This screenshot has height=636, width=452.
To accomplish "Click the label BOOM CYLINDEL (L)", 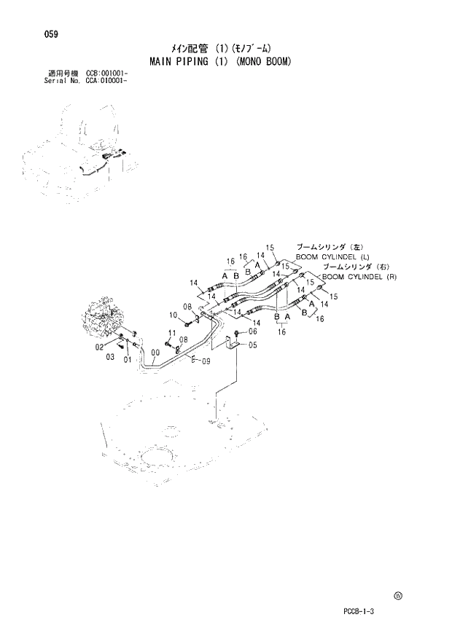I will (x=332, y=256).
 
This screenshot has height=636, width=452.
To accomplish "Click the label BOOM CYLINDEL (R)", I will (x=359, y=277).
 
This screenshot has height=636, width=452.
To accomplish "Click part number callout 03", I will (x=111, y=358).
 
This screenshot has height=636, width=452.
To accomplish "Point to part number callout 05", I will (x=253, y=345).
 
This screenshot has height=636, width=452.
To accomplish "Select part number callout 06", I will (x=253, y=331).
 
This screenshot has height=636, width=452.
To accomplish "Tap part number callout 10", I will (x=174, y=315).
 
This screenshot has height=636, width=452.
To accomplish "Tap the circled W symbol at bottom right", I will (x=398, y=595).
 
